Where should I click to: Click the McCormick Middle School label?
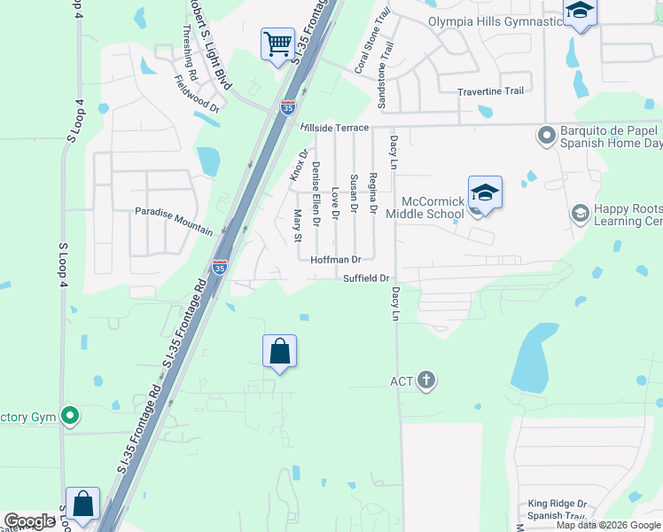[x=433, y=207]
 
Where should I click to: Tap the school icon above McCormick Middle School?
[x=485, y=192]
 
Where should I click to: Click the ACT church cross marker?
[x=425, y=381]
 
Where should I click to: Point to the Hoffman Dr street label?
[x=336, y=260]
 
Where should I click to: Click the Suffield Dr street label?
[x=367, y=278]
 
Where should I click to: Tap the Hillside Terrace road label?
[x=333, y=128]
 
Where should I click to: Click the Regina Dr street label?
[x=373, y=193]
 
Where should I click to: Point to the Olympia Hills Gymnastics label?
[x=496, y=21]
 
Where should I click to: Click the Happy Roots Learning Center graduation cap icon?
[x=581, y=213]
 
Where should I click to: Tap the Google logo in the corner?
[x=29, y=521]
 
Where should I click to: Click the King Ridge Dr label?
[x=558, y=503]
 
